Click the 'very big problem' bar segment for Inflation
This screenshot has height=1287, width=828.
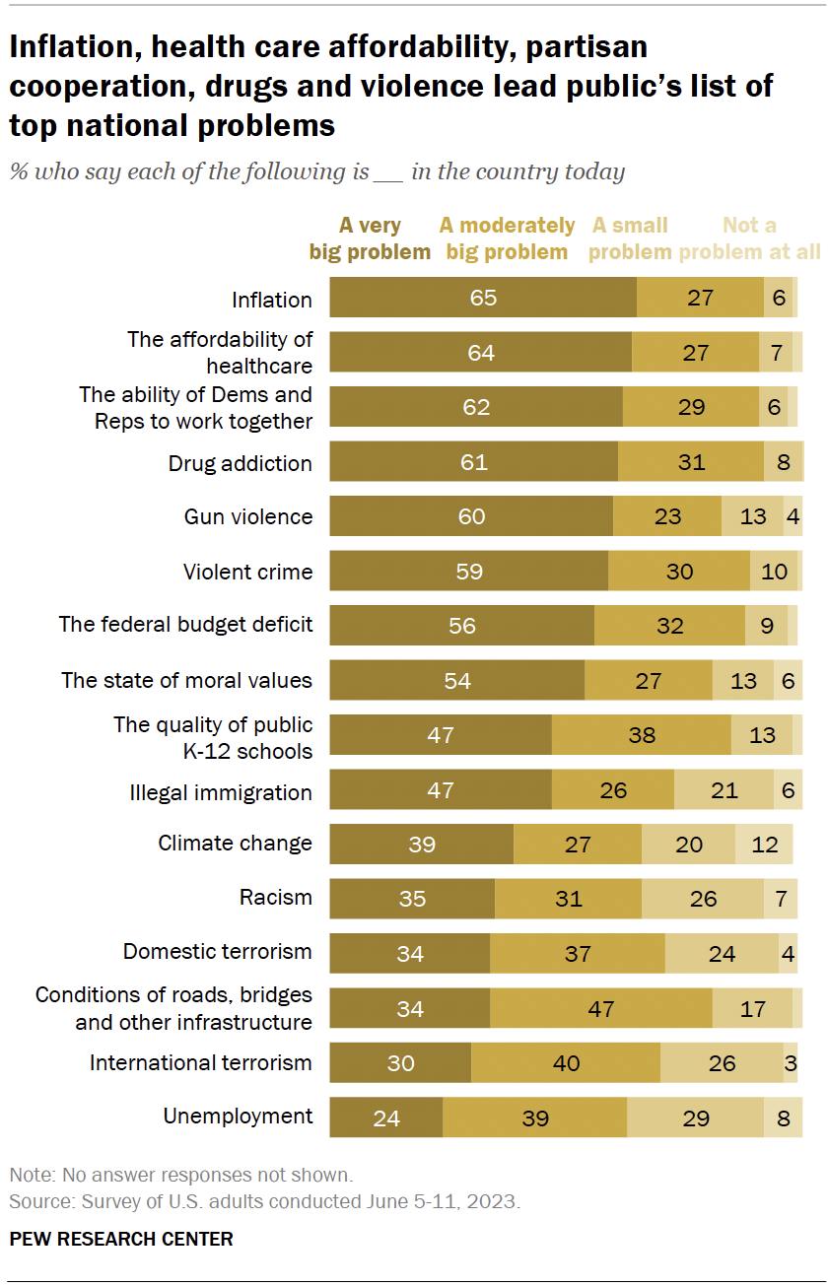[483, 298]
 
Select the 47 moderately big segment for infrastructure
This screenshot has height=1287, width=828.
[600, 1008]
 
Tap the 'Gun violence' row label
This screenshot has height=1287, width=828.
[248, 516]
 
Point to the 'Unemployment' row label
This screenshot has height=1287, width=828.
[238, 1117]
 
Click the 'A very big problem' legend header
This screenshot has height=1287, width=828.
[370, 238]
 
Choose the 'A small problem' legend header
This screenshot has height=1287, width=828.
[630, 238]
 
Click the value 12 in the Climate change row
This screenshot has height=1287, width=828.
[764, 845]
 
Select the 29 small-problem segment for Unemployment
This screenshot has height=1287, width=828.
[695, 1118]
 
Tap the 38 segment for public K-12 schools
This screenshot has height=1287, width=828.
[641, 735]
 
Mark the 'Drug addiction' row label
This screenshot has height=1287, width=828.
[241, 463]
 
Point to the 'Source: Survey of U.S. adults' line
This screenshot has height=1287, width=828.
[264, 1202]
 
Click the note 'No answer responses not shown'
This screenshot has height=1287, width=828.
[180, 1176]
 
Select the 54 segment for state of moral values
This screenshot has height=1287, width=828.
[456, 681]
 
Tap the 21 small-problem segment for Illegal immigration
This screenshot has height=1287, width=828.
[724, 790]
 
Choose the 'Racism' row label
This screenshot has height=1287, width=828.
[276, 898]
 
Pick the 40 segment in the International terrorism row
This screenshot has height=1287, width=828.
[566, 1063]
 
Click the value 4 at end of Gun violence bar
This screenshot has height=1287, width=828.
[793, 516]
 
